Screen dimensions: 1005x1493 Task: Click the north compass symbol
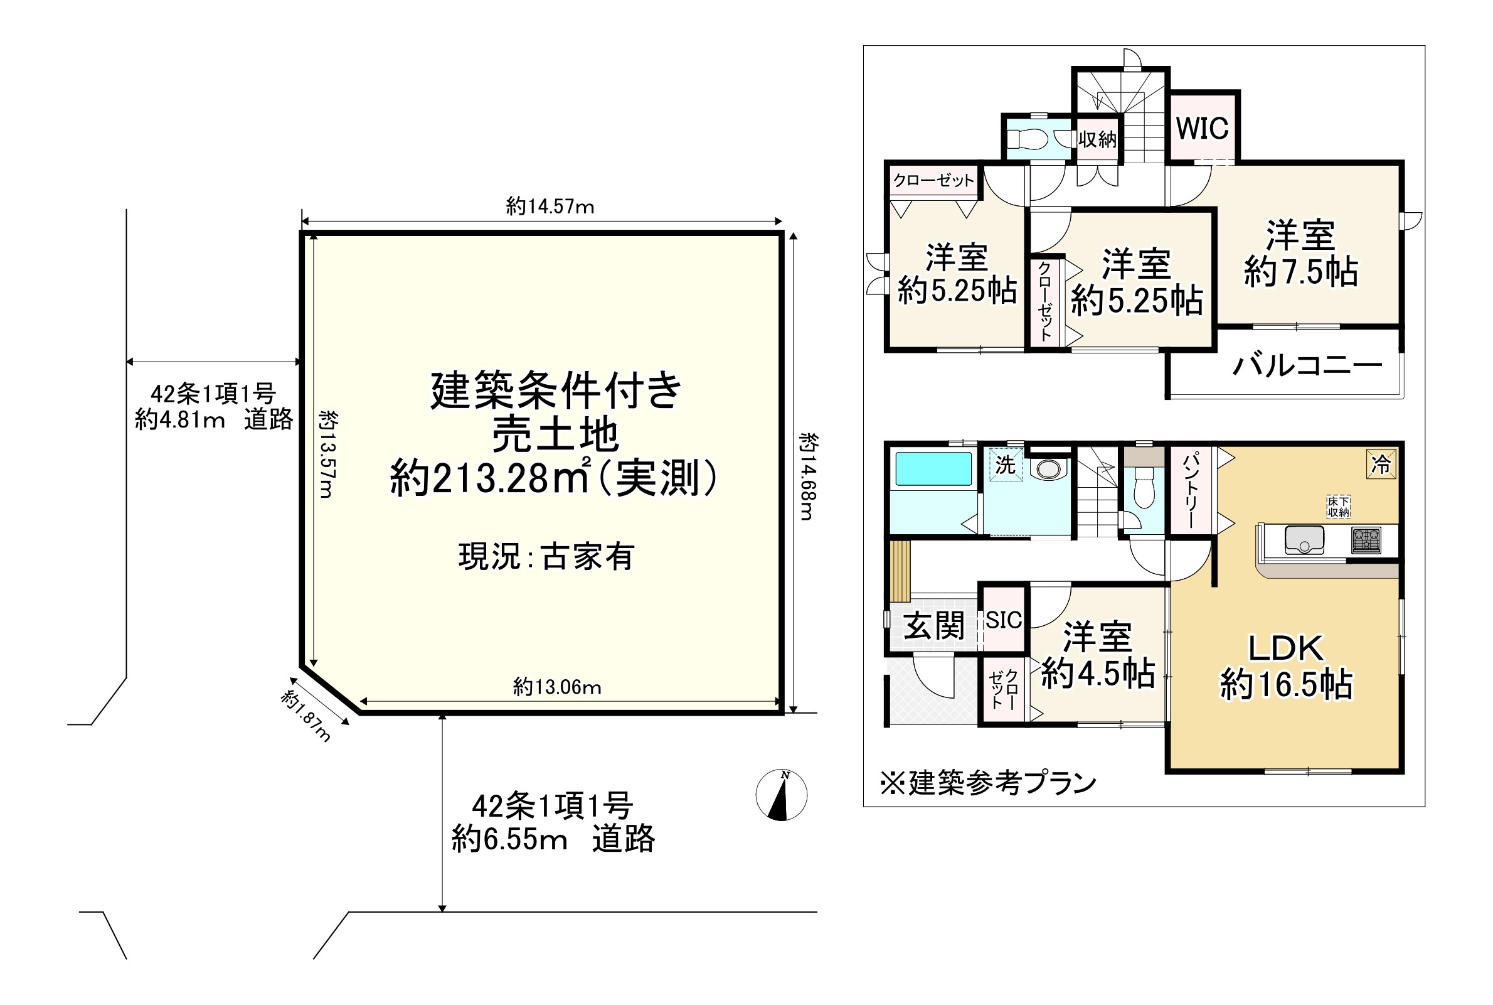pos(781,795)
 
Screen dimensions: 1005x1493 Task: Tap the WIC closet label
pos(1201,129)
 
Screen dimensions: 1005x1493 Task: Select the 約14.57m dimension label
pos(550,207)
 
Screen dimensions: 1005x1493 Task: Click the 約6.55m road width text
pos(509,839)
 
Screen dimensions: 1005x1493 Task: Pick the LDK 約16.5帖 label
pos(1285,667)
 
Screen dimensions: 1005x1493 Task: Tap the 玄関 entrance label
pos(933,626)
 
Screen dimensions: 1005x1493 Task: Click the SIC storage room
pos(1003,620)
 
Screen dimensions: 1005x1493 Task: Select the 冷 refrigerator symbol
pos(1380,464)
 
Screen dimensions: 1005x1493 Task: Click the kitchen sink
pos(1304,540)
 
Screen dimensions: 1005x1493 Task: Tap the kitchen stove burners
pos(1366,540)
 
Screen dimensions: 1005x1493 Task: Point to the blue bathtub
pos(933,469)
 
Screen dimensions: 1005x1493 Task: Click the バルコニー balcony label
pos(1307,366)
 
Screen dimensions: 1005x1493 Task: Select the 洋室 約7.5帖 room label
pos(1300,254)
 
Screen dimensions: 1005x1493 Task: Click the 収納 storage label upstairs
pos(1097,139)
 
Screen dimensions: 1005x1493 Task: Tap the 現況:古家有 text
pos(546,556)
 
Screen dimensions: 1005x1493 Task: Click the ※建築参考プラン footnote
pos(987,783)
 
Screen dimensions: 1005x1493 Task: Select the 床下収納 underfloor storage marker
pos(1338,507)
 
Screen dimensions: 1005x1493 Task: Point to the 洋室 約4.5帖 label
pos(1097,655)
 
